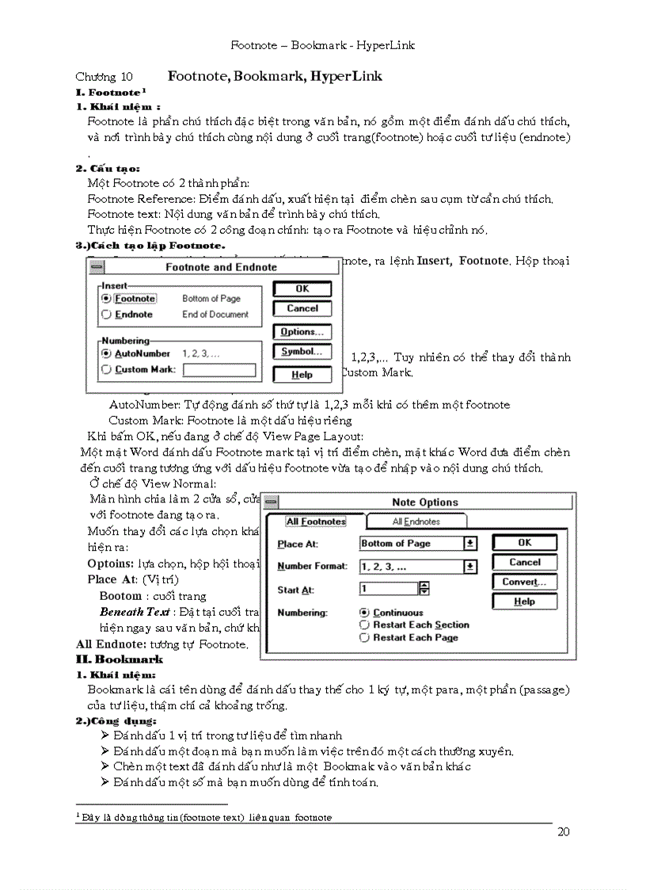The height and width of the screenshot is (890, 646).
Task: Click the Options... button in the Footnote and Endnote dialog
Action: tap(302, 331)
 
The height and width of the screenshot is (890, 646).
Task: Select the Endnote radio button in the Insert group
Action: tap(106, 315)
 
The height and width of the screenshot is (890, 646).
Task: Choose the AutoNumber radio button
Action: tap(106, 353)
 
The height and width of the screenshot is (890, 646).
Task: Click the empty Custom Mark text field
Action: tap(218, 369)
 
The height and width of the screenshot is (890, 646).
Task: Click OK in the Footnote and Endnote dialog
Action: tap(302, 288)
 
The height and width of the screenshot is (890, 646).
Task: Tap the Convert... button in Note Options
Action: tap(524, 582)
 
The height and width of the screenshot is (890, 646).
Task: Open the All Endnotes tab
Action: tap(417, 521)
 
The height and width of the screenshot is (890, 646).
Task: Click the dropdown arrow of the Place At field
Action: tap(470, 544)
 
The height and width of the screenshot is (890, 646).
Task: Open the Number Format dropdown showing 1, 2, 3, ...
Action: tap(470, 567)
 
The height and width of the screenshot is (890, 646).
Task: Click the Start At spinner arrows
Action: tap(424, 589)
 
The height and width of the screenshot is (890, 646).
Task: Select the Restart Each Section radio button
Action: tap(364, 625)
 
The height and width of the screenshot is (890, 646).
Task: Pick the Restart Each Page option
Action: tap(364, 637)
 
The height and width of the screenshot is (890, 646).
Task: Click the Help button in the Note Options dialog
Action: tap(524, 602)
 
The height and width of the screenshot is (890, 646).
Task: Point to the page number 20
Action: tap(564, 831)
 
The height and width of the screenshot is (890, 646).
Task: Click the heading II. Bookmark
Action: tap(119, 659)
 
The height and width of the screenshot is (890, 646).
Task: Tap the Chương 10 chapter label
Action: tap(104, 77)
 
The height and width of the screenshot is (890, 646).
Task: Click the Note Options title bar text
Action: tap(424, 502)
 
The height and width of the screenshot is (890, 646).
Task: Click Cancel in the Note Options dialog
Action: tap(524, 562)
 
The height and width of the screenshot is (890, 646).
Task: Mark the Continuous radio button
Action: tap(364, 613)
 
